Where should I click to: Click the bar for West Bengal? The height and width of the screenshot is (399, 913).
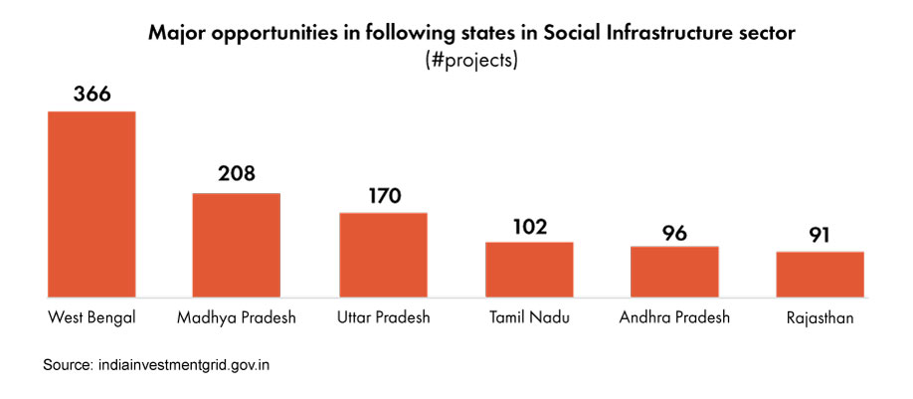point(91,204)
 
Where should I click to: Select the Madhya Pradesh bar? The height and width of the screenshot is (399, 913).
point(236,245)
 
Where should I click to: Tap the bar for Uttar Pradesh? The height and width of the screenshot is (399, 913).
point(383,255)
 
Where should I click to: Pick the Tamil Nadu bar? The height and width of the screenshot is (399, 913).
point(529,270)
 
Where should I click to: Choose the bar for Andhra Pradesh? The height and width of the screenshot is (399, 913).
point(674,272)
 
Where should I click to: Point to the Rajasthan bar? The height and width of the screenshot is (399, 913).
point(820,274)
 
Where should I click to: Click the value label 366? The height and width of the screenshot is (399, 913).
point(91,96)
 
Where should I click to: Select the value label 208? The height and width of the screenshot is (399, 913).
point(237,174)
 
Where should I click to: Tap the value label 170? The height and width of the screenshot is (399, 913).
point(383,195)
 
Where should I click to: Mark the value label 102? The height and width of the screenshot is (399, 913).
point(529,226)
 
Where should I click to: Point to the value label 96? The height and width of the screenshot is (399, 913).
point(674,232)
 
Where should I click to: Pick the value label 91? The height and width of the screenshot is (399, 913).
point(820,238)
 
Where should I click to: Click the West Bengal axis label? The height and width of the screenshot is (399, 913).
point(91,318)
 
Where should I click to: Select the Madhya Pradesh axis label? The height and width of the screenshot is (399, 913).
point(236,318)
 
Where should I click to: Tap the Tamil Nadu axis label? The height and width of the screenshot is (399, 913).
point(529,318)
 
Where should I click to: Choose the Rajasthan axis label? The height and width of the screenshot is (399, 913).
point(820,318)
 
